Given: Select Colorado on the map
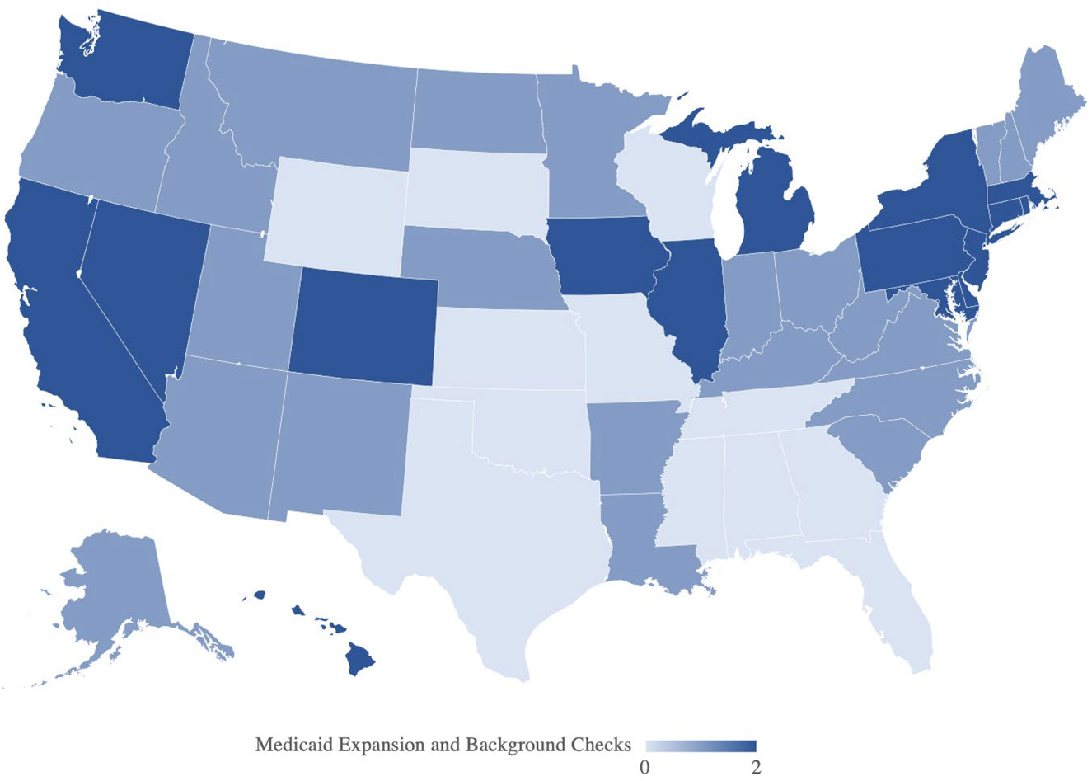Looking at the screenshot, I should coord(363,326).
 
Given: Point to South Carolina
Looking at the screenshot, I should coord(874,449).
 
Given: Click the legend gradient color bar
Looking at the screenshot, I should coord(700,746).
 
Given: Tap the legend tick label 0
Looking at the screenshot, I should coord(645,768).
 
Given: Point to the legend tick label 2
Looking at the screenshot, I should coord(756,768).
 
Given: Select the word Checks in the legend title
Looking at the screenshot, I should coord(601,745).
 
